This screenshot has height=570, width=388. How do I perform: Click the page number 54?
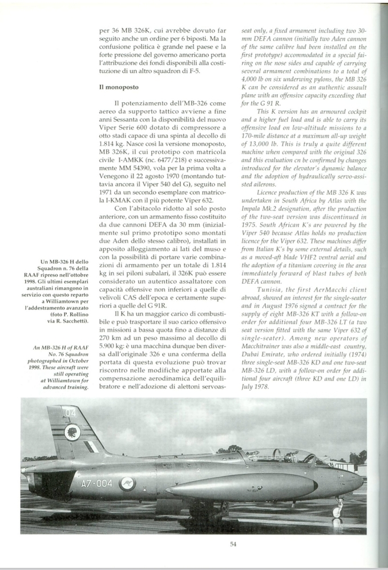[x=233, y=544]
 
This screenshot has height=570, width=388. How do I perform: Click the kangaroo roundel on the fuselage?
[x=127, y=483]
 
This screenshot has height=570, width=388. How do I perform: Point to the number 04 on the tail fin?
[x=70, y=412]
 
